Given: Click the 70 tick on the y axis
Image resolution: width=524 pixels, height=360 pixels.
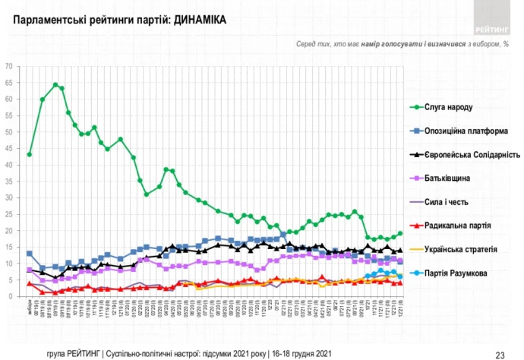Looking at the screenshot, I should coord(9,66).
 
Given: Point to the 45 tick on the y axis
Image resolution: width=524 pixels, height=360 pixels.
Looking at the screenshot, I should coord(9,149).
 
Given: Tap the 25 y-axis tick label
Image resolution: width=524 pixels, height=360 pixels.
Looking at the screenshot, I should coord(9,214).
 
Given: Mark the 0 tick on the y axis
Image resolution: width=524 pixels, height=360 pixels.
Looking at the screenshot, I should coord(11,296).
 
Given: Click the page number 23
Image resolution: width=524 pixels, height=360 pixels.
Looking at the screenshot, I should coord(500,353).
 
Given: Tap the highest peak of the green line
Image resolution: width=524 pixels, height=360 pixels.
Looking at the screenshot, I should coord(55,84).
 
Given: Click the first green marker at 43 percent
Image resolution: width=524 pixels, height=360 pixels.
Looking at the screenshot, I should coord(29,154).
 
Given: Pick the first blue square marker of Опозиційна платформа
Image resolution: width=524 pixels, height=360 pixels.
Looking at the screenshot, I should coord(29,253).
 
